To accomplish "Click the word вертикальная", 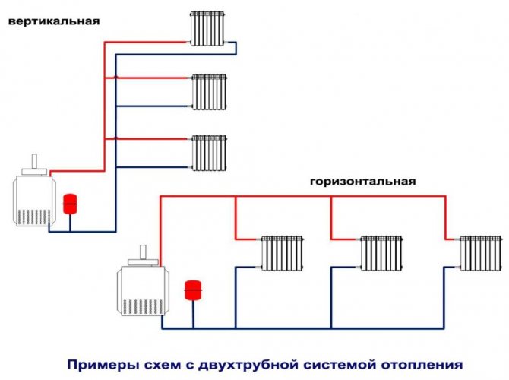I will (x=54, y=21).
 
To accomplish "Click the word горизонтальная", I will (x=362, y=182).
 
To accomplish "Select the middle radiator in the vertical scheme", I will (x=209, y=92).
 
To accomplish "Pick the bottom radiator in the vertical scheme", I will (x=209, y=153).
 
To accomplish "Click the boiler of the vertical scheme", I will (x=33, y=198).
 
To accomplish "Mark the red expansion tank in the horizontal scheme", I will (x=192, y=291).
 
